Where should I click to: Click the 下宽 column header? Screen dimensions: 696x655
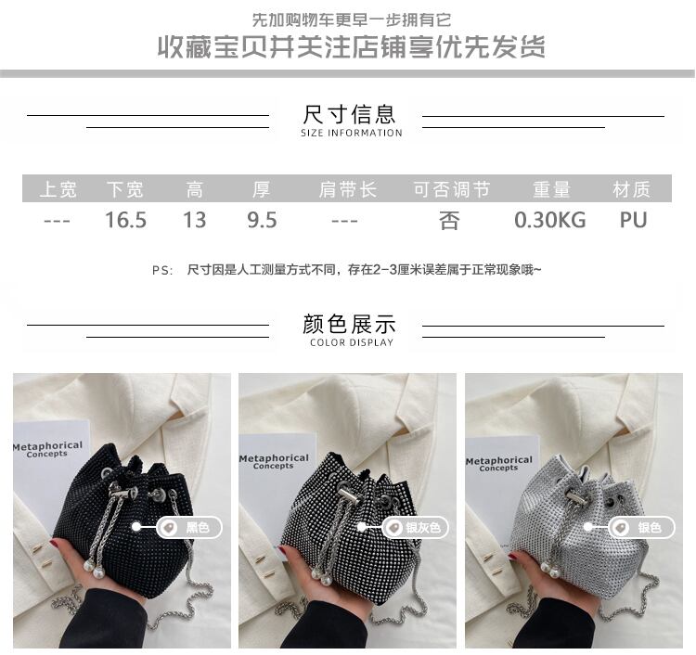pos(124,189)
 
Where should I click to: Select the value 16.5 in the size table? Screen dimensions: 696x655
pos(125,220)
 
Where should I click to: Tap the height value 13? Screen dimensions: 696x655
pos(195,220)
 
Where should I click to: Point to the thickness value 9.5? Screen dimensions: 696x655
pos(262,220)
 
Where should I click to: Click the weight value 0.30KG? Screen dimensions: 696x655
pos(550,220)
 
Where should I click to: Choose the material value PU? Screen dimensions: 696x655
pos(634,220)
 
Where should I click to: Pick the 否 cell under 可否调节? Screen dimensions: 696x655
pos(449,221)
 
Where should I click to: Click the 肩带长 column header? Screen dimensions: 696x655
pos(348,189)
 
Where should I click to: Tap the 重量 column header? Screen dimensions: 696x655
pos(551,189)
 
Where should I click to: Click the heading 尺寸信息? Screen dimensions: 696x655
pos(348,114)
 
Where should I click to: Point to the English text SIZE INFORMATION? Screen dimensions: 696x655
pos(351,133)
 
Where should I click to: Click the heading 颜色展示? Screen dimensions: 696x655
pos(348,324)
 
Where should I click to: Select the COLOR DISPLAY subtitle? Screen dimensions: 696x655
pos(352,342)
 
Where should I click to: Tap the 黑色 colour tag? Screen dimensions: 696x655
pos(188,527)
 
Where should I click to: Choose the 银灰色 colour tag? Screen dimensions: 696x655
pos(416,527)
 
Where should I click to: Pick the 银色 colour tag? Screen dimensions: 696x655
pos(642,527)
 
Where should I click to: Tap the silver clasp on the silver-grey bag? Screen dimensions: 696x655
pos(348,494)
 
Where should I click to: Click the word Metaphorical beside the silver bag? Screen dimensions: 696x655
pos(499,460)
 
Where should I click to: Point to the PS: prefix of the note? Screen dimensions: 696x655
pos(162,270)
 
